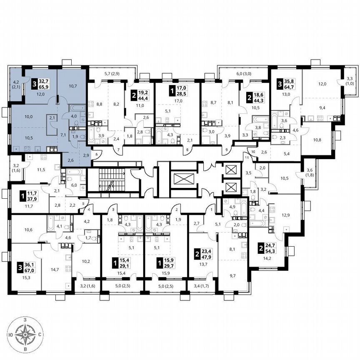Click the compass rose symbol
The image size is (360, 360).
26,334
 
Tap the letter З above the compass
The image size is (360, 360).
26,319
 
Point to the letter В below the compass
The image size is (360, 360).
26,349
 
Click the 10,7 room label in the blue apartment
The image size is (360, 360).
72,86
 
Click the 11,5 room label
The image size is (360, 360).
40,170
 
